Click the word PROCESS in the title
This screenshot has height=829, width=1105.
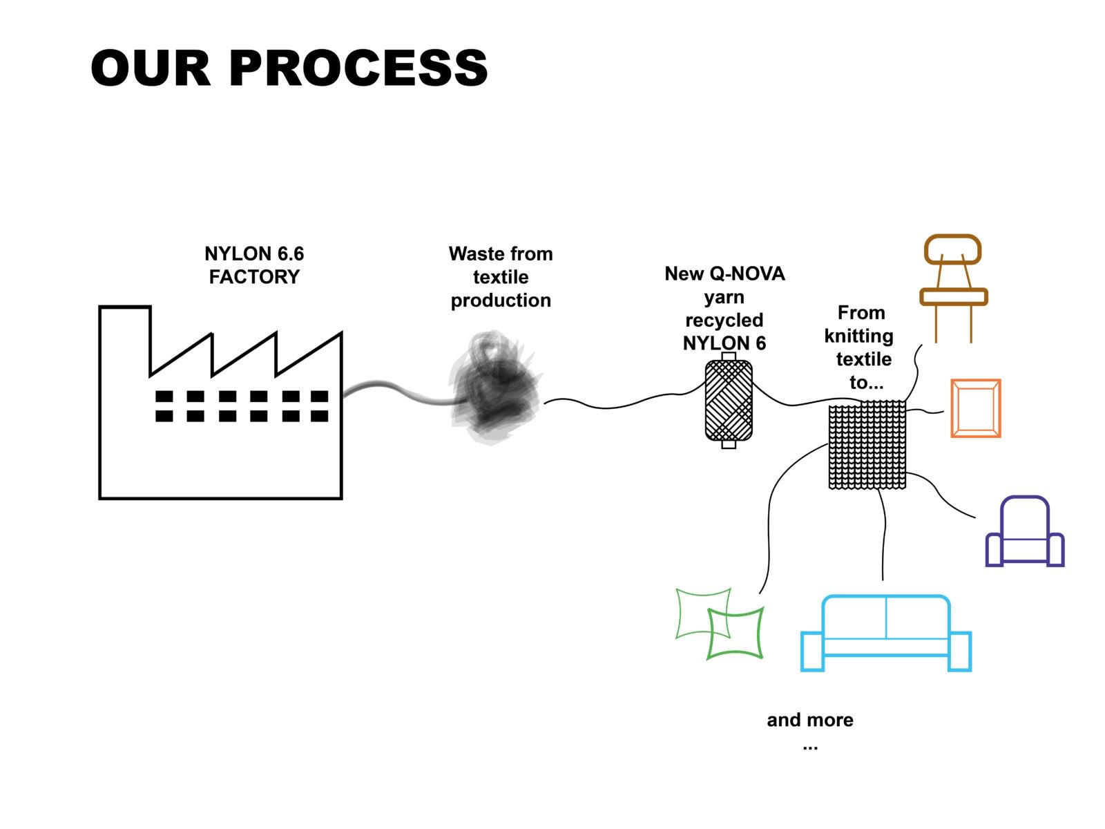pyautogui.click(x=358, y=68)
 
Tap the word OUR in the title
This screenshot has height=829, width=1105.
pyautogui.click(x=151, y=68)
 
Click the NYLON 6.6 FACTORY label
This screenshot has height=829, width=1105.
pyautogui.click(x=253, y=265)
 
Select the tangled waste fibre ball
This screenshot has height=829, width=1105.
pyautogui.click(x=495, y=388)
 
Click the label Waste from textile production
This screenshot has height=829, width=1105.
pyautogui.click(x=501, y=277)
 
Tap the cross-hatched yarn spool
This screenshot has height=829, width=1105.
pyautogui.click(x=728, y=400)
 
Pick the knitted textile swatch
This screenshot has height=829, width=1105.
pyautogui.click(x=867, y=444)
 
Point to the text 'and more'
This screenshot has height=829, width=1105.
pyautogui.click(x=810, y=720)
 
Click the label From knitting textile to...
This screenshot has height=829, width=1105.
pyautogui.click(x=860, y=347)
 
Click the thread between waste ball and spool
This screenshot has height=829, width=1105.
pyautogui.click(x=624, y=403)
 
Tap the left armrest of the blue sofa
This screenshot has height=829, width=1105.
pyautogui.click(x=812, y=651)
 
